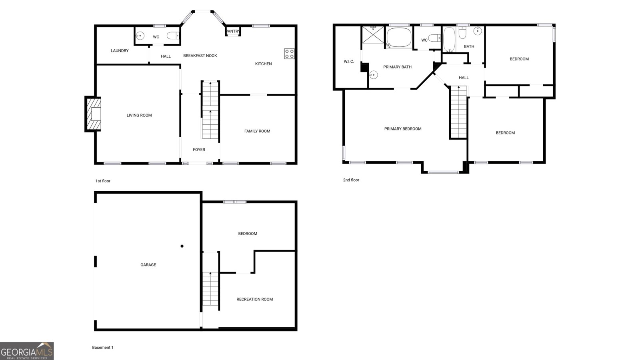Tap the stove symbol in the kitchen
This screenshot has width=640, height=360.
pyautogui.click(x=290, y=54)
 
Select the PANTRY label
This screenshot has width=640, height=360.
pyautogui.click(x=233, y=32)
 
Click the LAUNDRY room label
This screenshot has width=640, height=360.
pyautogui.click(x=120, y=51)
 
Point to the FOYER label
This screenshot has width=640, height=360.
pyautogui.click(x=199, y=150)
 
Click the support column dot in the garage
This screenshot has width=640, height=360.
pyautogui.click(x=182, y=246)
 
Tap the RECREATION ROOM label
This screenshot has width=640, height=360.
pyautogui.click(x=254, y=299)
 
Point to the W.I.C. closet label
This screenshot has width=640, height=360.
pyautogui.click(x=349, y=62)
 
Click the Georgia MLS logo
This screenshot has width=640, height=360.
pyautogui.click(x=27, y=351)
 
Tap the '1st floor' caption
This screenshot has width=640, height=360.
pyautogui.click(x=103, y=181)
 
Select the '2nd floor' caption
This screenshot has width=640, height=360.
pyautogui.click(x=351, y=180)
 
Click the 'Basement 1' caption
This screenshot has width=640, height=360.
pyautogui.click(x=103, y=348)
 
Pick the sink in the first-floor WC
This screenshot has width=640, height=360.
pyautogui.click(x=140, y=36)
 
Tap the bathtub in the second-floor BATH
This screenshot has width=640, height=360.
pyautogui.click(x=449, y=40)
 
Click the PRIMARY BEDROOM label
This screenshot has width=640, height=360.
pyautogui.click(x=403, y=129)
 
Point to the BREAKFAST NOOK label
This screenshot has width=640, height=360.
pyautogui.click(x=200, y=56)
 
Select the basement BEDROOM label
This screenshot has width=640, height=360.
pyautogui.click(x=248, y=234)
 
